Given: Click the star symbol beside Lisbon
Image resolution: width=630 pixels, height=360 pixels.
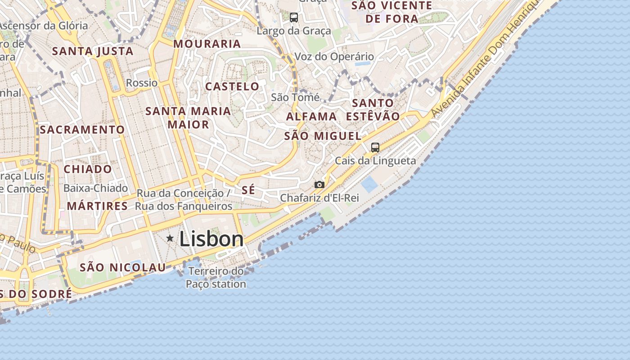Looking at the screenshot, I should click(170, 238).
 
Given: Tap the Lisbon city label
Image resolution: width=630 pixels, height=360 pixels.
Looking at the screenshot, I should click(211, 238).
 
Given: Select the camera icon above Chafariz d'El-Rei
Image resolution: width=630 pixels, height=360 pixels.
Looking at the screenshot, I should click(319, 184).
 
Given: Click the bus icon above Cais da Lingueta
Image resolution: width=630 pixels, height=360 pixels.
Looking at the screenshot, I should click(375, 147).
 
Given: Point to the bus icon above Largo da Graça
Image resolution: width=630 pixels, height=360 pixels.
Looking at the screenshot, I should click(294, 18).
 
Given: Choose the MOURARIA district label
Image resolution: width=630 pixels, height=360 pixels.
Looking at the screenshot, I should click(207, 44).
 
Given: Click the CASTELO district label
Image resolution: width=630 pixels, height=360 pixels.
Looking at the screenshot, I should click(232, 86).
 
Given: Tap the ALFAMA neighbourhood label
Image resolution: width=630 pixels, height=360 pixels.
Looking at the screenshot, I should click(311, 117).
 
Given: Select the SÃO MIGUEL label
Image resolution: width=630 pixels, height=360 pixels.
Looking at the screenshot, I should click(323, 136).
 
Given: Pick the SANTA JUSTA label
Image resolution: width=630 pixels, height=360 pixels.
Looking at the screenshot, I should click(93, 51).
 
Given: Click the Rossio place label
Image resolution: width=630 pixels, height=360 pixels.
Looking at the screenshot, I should click(142, 83).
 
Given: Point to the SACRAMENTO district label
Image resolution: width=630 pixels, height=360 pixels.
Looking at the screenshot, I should click(82, 130).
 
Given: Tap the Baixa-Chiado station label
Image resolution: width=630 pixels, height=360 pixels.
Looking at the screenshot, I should click(95, 188).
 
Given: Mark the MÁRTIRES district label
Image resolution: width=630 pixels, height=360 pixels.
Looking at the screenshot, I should click(97, 206).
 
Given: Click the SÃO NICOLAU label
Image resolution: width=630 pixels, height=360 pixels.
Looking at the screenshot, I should click(123, 267).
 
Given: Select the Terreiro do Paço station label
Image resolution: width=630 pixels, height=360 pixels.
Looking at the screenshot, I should click(216, 278).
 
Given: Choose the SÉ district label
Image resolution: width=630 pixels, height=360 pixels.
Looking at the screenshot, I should click(248, 190).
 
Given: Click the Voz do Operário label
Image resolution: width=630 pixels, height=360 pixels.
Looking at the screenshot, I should click(334, 56).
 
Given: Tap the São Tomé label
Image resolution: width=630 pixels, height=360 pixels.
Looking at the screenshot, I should click(295, 97).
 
